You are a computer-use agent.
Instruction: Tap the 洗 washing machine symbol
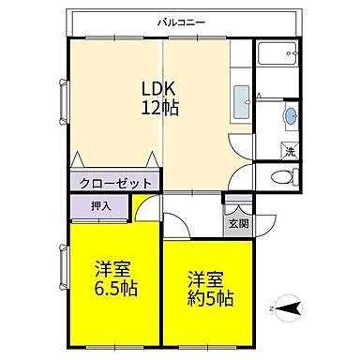click(290, 150)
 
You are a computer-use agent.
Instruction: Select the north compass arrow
click(292, 306)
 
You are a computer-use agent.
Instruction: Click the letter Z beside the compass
click(269, 306)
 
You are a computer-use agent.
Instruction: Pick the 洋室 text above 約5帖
click(208, 279)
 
